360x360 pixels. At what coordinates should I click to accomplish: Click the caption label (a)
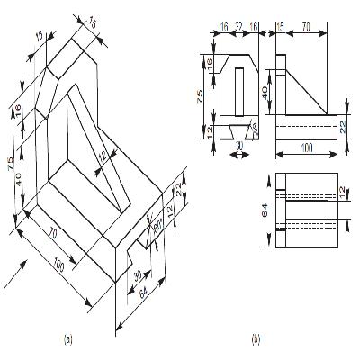click(x=67, y=339)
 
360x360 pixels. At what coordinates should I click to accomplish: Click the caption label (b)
click(x=256, y=339)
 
